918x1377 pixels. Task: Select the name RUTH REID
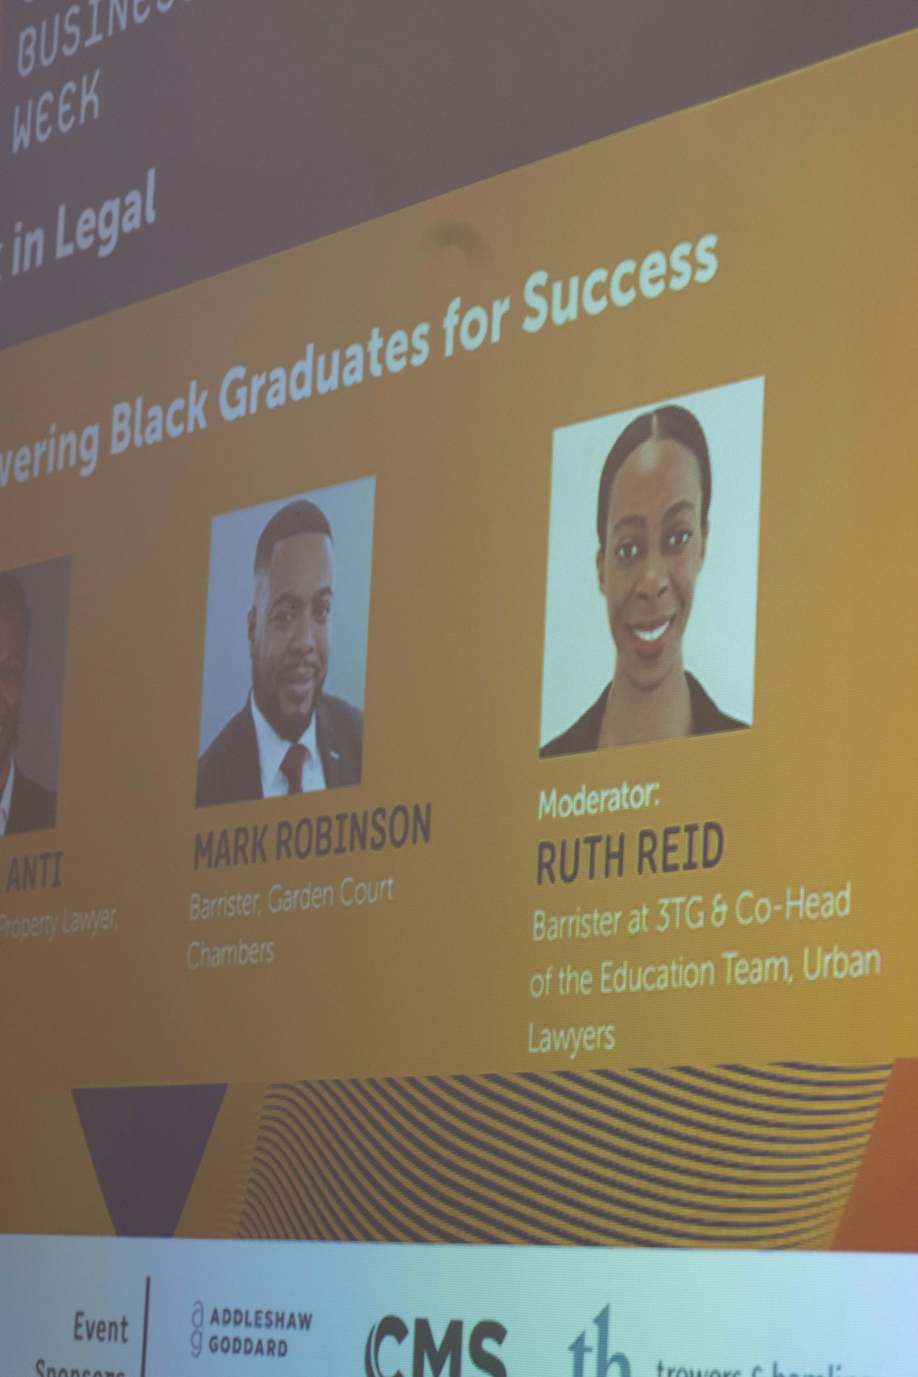(x=629, y=852)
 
